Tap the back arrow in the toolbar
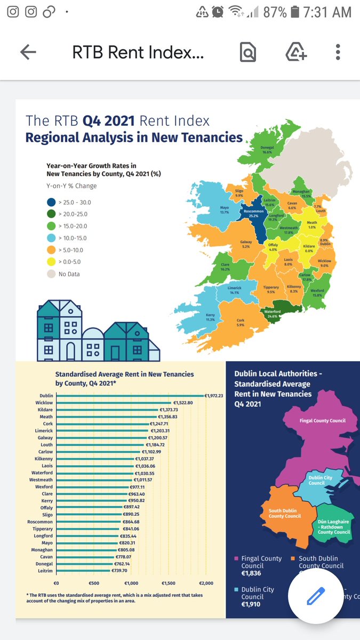pos(28,52)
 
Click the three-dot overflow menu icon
pos(338,52)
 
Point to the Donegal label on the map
pos(267,149)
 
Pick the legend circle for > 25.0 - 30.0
pos(51,202)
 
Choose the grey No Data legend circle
pos(51,274)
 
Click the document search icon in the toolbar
pos(248,52)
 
